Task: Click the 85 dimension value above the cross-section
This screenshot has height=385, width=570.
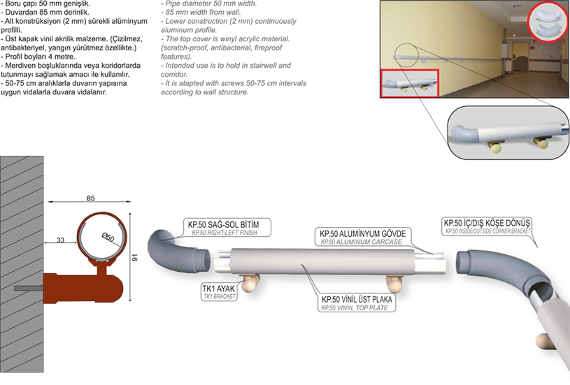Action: pos(90,198)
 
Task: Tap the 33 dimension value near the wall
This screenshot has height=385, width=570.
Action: pos(60,240)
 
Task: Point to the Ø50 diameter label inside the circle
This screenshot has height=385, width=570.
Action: pos(108,237)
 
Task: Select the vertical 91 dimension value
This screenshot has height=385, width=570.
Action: pos(135,258)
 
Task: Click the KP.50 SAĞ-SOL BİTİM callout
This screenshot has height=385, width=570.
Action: pos(226,227)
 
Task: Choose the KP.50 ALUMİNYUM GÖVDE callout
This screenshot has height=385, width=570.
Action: pos(362,236)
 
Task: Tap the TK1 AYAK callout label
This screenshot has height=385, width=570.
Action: pos(219,291)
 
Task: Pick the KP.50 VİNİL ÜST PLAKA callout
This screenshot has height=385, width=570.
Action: pos(357,303)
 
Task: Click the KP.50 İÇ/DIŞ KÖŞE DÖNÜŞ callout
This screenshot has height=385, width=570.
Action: pos(487,226)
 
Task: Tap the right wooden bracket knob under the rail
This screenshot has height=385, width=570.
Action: pos(394,282)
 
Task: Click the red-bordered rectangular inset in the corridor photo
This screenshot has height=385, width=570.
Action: pos(410,83)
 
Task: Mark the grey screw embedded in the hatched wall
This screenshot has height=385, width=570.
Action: pos(29,289)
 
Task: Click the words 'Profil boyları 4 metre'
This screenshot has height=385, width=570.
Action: pos(40,57)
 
